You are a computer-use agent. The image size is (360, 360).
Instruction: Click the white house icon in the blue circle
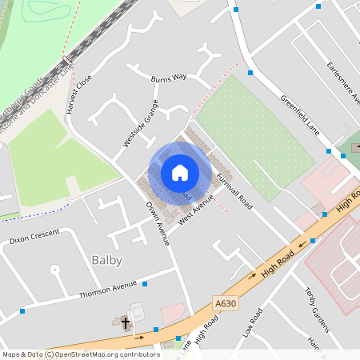(179, 172)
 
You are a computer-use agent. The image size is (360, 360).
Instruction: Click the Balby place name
(107, 260)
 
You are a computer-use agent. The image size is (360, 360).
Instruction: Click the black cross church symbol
(125, 322)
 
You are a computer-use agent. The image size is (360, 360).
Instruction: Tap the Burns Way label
(168, 78)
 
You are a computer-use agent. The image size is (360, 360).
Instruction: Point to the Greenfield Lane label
(299, 115)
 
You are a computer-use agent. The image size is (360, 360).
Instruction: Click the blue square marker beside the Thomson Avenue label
(145, 283)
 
